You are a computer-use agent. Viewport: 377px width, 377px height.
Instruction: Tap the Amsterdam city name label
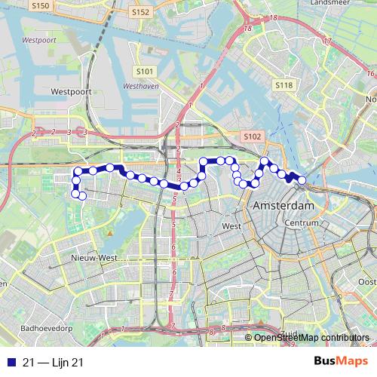pyautogui.click(x=284, y=206)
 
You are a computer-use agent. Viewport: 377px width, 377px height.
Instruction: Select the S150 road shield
pyautogui.click(x=41, y=5)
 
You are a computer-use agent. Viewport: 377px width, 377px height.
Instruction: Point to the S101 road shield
pyautogui.click(x=146, y=72)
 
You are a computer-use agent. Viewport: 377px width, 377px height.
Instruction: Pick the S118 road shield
pyautogui.click(x=284, y=86)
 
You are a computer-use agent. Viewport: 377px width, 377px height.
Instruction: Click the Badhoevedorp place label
pyautogui.click(x=47, y=329)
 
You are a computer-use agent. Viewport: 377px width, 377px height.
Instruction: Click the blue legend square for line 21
pyautogui.click(x=9, y=363)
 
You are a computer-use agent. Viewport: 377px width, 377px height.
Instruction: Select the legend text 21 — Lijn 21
pyautogui.click(x=53, y=363)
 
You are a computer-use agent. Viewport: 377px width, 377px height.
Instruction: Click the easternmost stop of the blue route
pyautogui.click(x=302, y=180)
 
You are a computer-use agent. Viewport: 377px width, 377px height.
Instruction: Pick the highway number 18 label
pyautogui.click(x=247, y=28)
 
